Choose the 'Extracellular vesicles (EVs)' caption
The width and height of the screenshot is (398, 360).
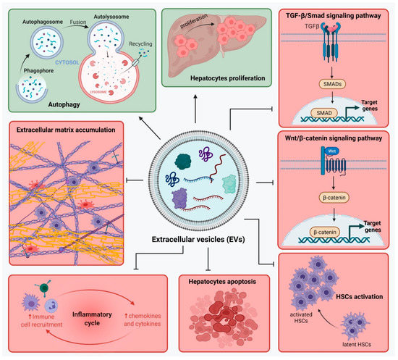[x=202, y=238]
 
